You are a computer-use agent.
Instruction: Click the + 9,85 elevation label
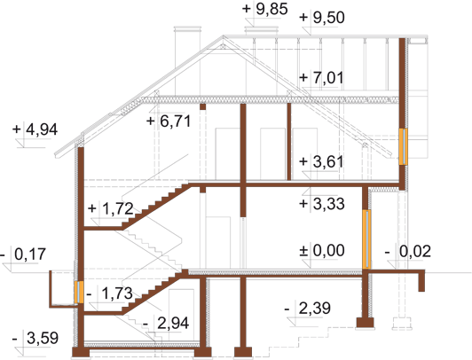[265, 9]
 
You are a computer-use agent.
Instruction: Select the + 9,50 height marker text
[322, 18]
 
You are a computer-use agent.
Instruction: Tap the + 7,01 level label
[321, 78]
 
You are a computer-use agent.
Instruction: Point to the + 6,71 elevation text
[169, 121]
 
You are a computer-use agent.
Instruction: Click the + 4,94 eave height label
[35, 129]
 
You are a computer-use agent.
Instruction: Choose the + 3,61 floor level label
[321, 161]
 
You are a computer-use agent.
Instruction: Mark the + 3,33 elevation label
[322, 204]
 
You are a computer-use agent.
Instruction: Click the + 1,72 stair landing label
[111, 208]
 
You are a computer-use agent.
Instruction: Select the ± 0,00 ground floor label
[322, 251]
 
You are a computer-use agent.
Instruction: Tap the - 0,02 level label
[408, 252]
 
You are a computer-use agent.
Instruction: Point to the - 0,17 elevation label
[23, 254]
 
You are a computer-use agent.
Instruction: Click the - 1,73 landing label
[110, 293]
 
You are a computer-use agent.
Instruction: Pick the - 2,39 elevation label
[307, 309]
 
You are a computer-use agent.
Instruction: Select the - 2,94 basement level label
[166, 324]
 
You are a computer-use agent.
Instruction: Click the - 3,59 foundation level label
[35, 339]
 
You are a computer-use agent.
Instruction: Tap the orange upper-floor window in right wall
[403, 146]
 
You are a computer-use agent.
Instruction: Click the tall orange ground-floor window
[366, 239]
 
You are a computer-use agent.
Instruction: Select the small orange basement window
[79, 293]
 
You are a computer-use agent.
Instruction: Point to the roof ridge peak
[223, 36]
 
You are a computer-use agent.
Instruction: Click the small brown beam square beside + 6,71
[203, 106]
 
